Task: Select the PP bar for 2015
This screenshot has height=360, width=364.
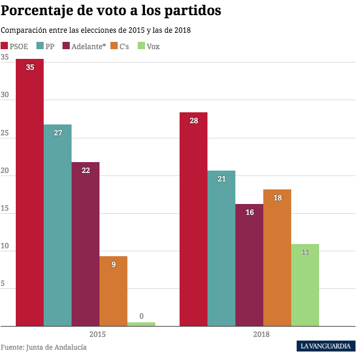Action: click(x=58, y=225)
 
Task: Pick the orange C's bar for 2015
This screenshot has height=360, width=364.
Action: click(x=113, y=291)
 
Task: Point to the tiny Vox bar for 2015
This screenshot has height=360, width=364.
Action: click(x=141, y=324)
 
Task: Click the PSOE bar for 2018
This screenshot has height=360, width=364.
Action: click(x=194, y=219)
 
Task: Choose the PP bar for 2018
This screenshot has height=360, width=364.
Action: click(x=221, y=248)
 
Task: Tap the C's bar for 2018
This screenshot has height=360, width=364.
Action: click(x=277, y=257)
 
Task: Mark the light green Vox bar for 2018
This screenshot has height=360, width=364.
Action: click(x=305, y=285)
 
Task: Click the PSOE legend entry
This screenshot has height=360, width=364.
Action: click(x=16, y=46)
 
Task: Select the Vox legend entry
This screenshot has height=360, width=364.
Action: click(x=149, y=46)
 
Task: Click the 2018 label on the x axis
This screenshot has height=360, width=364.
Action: click(x=262, y=335)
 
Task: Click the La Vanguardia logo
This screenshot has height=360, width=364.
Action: click(x=326, y=346)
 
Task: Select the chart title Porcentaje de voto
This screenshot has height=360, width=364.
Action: click(x=110, y=11)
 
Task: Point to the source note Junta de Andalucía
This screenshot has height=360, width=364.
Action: click(x=44, y=347)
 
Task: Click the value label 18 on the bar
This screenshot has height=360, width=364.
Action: click(x=277, y=198)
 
